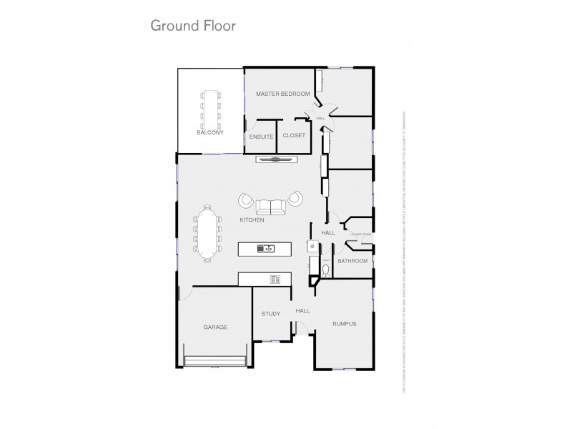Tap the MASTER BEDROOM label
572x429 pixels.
(282, 94)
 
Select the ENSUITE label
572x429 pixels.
(261, 136)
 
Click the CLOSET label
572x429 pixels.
(294, 135)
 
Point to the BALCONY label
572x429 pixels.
(210, 132)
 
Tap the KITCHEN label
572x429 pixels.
(252, 220)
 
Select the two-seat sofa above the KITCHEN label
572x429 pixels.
(272, 207)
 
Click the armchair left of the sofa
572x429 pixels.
(247, 201)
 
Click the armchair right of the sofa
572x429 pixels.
(295, 199)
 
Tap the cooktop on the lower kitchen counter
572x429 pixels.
(274, 278)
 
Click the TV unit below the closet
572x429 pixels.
(275, 160)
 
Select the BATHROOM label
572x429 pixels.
(352, 261)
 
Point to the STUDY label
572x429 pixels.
(270, 313)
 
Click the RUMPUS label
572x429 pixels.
(344, 324)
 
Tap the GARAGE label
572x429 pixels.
(215, 327)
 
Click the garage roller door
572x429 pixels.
(215, 361)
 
